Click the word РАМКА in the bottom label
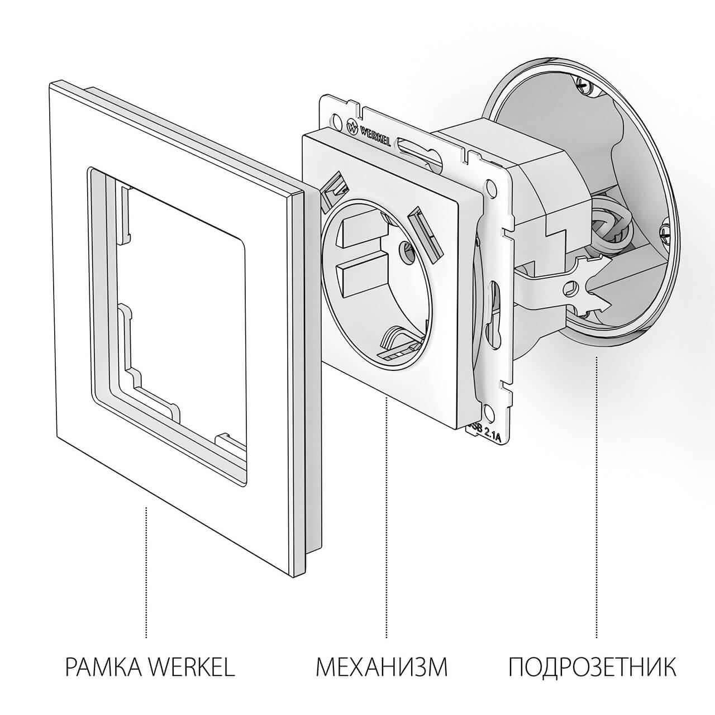[x=105, y=667]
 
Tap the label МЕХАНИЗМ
[x=382, y=667]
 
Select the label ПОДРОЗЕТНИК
[x=592, y=667]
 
